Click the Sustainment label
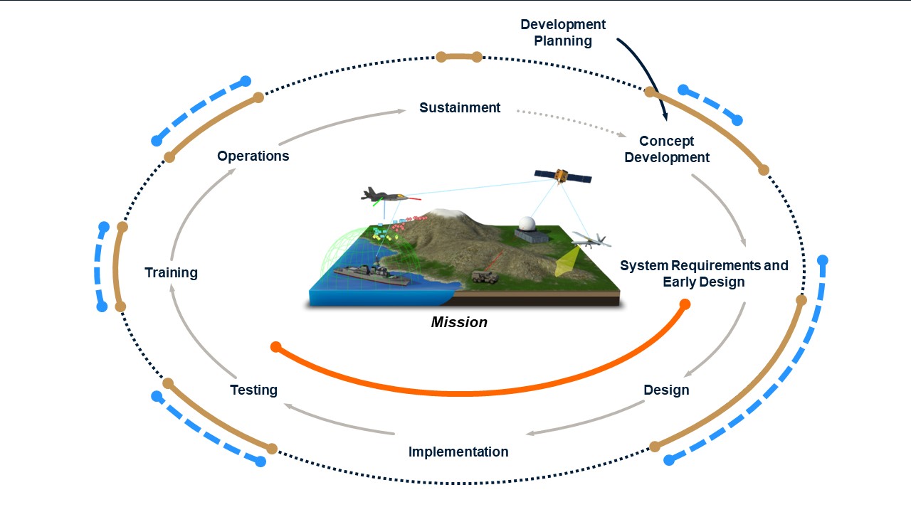(x=460, y=108)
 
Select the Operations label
(x=253, y=156)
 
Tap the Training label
(x=171, y=273)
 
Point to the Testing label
(x=253, y=390)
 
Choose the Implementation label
(x=458, y=452)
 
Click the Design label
(x=666, y=390)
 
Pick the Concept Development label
(x=667, y=149)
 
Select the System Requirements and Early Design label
(x=704, y=274)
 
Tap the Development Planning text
(x=563, y=33)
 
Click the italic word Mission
(x=459, y=322)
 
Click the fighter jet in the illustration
(x=384, y=195)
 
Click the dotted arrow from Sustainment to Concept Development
(x=569, y=122)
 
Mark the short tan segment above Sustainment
(x=459, y=57)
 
